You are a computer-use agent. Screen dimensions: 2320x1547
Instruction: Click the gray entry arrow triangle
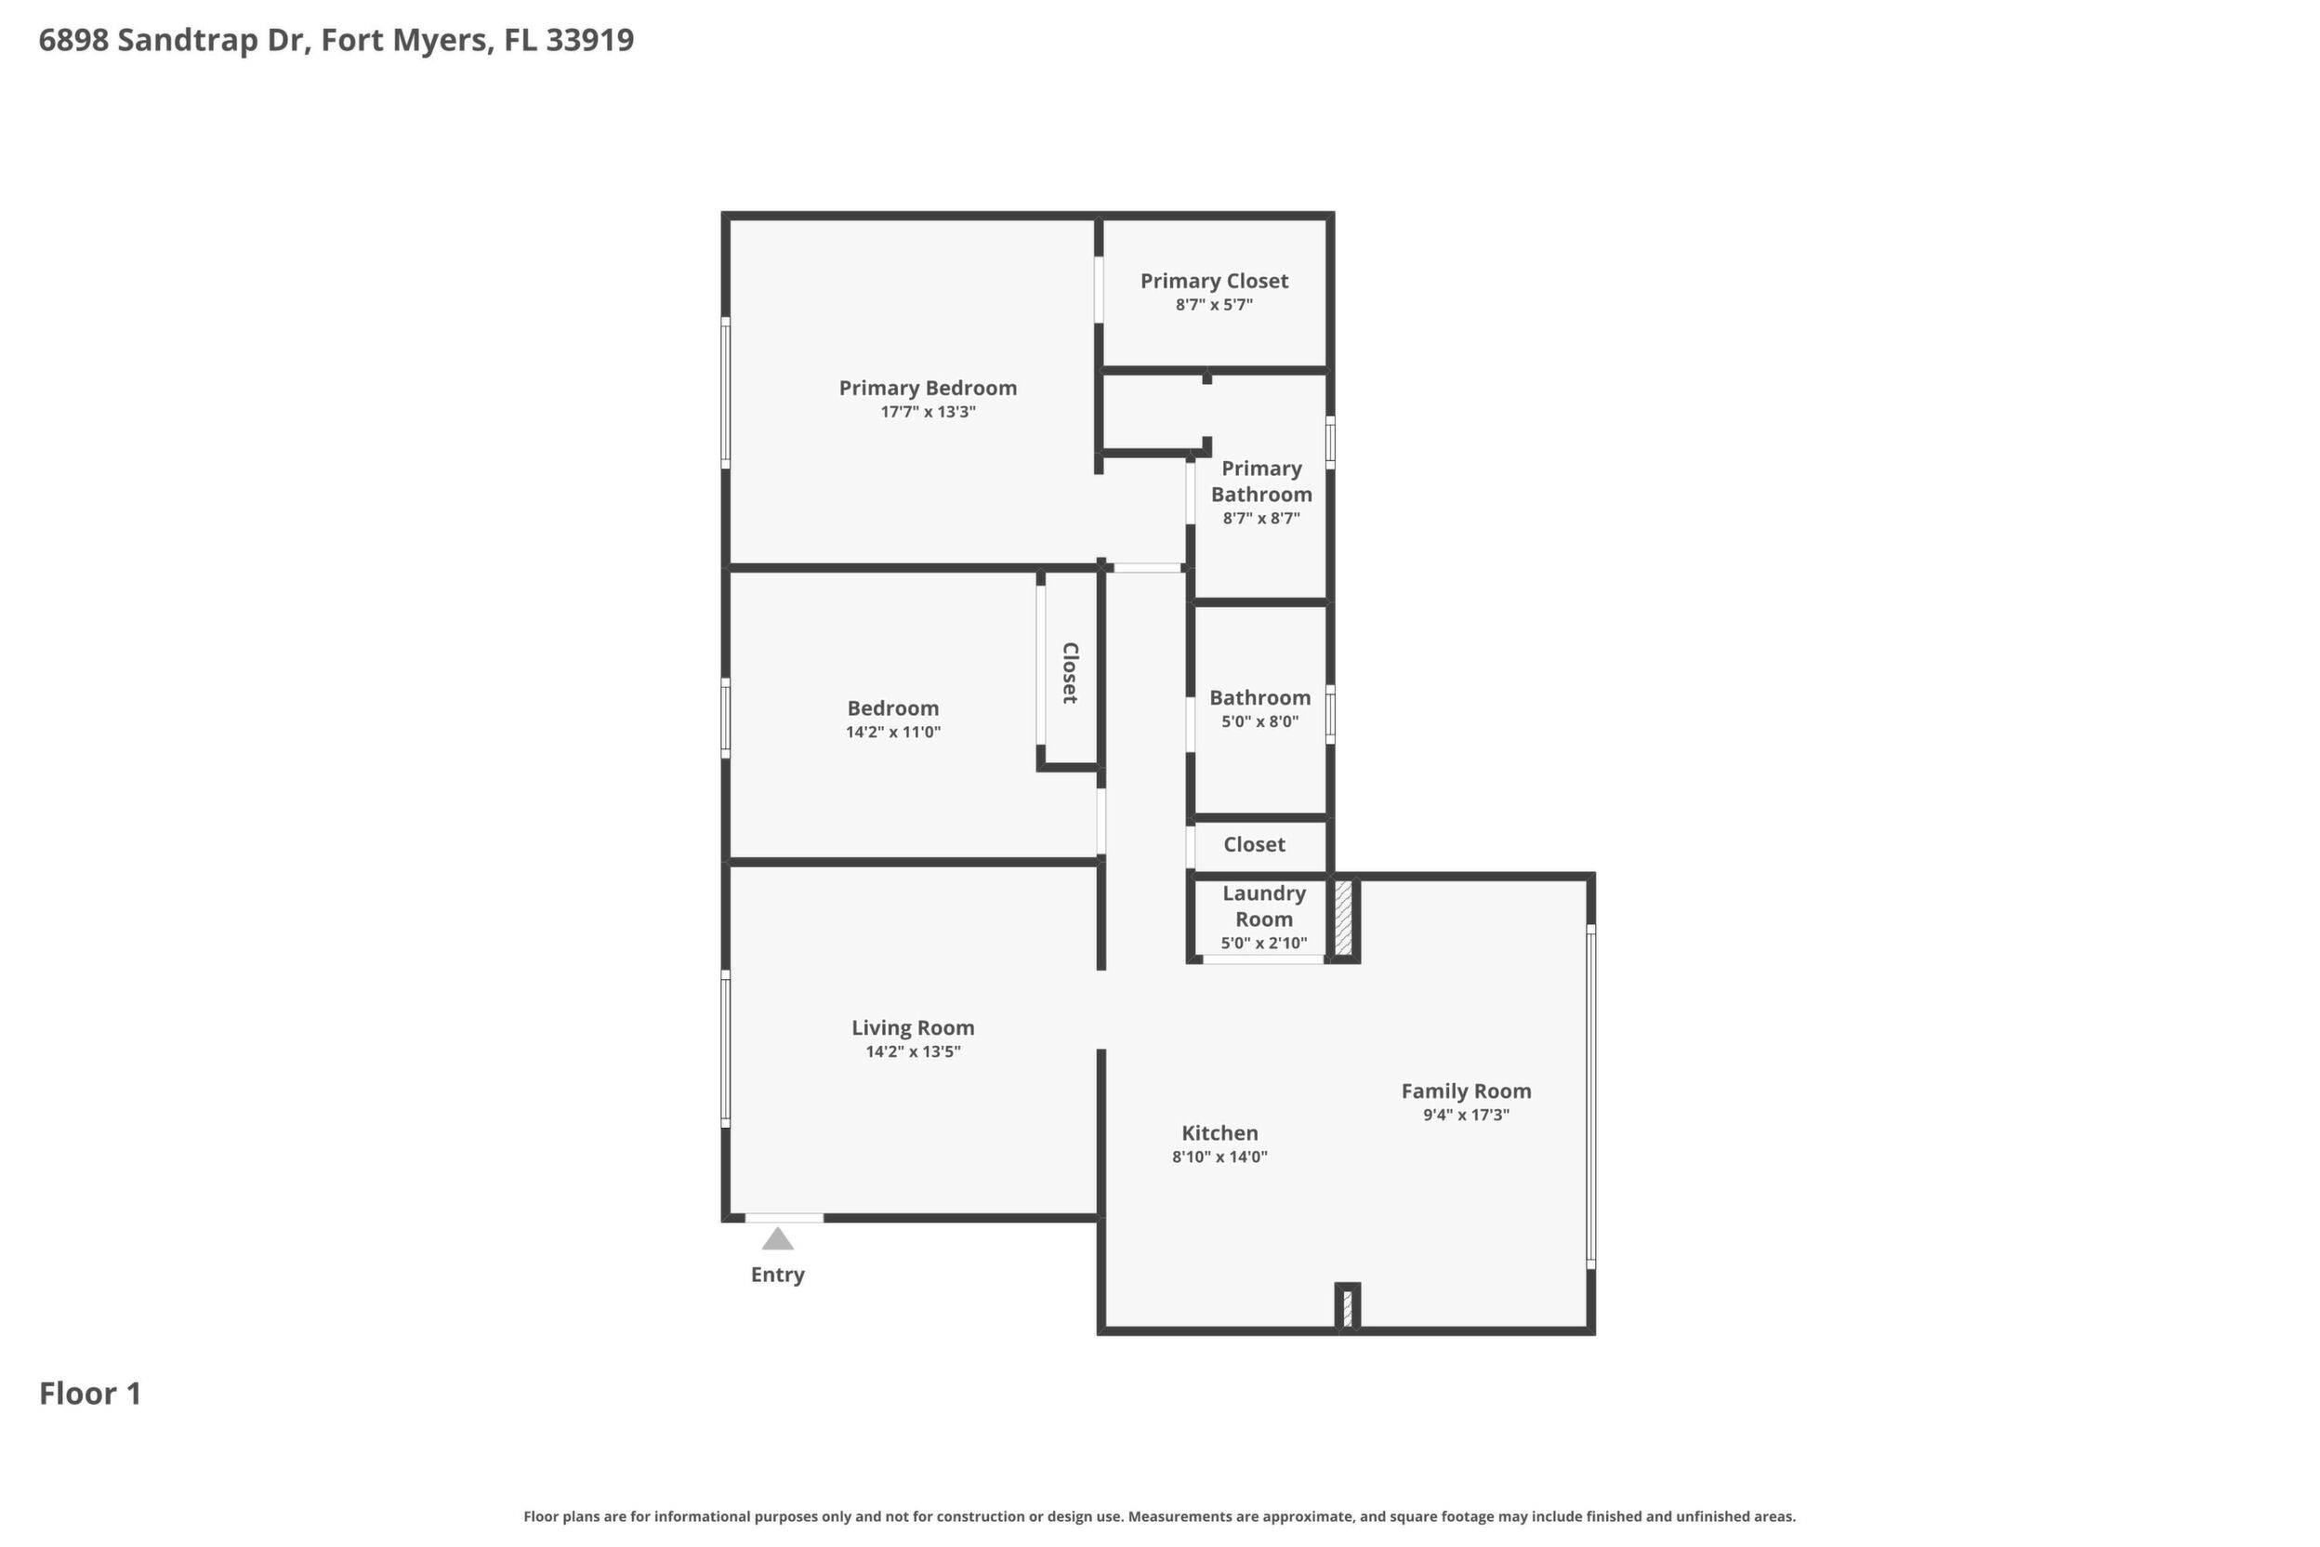click(777, 1238)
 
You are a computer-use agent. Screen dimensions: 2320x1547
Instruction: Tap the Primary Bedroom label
click(928, 388)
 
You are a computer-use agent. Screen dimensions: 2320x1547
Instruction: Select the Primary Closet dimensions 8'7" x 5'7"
click(1213, 305)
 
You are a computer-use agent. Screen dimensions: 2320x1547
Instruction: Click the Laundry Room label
click(1263, 906)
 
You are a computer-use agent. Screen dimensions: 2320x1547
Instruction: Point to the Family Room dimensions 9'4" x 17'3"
click(1466, 1115)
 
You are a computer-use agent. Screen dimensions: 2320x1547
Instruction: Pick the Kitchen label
click(1219, 1132)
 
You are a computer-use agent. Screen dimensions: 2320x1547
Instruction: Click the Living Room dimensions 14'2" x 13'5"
click(913, 1051)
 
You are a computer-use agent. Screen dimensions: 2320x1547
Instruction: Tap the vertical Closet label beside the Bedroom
click(1069, 673)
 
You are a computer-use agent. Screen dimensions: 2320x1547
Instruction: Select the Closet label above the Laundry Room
click(1254, 844)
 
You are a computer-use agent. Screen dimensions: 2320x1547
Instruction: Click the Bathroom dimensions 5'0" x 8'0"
click(1259, 721)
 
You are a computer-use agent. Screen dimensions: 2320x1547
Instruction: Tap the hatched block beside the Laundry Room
click(1342, 918)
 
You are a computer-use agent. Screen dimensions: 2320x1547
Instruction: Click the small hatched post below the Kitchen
click(1348, 1306)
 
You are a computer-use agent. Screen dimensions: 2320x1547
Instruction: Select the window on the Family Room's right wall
click(1590, 1096)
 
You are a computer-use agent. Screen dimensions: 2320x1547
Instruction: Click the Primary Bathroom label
click(1260, 482)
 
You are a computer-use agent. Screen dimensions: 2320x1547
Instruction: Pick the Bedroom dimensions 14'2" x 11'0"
click(892, 732)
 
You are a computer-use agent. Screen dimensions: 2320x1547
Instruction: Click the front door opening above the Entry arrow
click(784, 1219)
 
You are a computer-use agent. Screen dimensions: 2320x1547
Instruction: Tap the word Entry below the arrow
click(777, 1275)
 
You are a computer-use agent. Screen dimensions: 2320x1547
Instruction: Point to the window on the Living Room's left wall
click(725, 1048)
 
